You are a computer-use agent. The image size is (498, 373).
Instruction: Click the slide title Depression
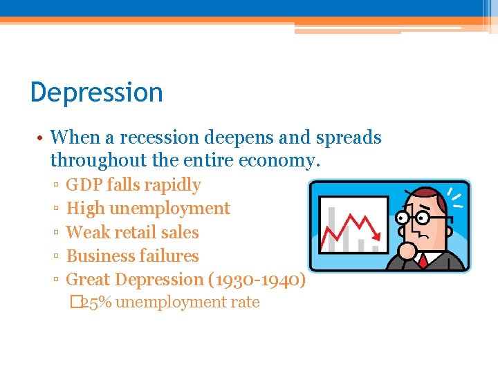97,93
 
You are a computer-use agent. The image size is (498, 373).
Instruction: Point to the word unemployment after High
173,209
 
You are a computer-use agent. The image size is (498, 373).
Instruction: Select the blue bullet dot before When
41,138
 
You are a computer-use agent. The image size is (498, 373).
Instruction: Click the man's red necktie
422,260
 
